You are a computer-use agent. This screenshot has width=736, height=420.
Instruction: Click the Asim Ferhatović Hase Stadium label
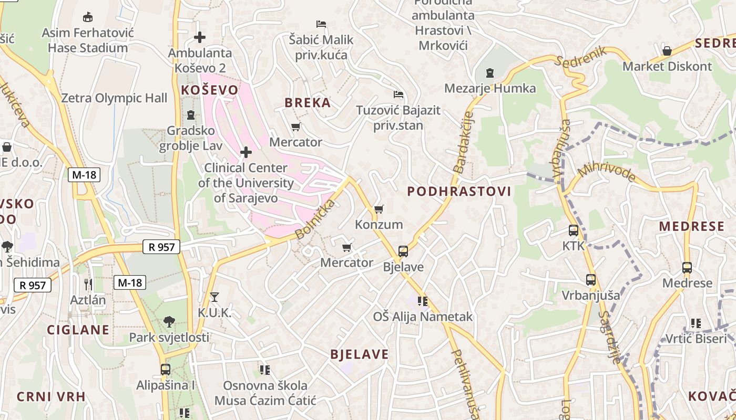pyautogui.click(x=88, y=40)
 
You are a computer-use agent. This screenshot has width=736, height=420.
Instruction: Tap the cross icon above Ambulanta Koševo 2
pyautogui.click(x=200, y=37)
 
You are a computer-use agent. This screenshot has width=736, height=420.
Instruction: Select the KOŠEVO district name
pyautogui.click(x=209, y=90)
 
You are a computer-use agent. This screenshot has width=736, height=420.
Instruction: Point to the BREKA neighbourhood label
pyautogui.click(x=308, y=103)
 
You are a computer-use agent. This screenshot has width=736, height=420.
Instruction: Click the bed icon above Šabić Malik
pyautogui.click(x=321, y=24)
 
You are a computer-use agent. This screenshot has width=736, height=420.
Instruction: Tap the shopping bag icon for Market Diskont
pyautogui.click(x=667, y=51)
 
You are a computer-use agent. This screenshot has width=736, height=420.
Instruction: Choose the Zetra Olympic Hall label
pyautogui.click(x=114, y=98)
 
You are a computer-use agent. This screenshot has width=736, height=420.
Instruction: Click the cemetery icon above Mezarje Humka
pyautogui.click(x=490, y=72)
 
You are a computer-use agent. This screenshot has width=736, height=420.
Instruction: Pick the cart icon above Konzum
pyautogui.click(x=379, y=209)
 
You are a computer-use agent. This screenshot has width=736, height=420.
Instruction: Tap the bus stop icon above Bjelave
pyautogui.click(x=403, y=251)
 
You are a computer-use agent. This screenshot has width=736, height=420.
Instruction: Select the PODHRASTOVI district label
pyautogui.click(x=459, y=192)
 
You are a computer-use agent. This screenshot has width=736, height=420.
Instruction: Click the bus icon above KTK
pyautogui.click(x=573, y=230)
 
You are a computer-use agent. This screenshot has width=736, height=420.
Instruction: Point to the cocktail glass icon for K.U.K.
pyautogui.click(x=214, y=297)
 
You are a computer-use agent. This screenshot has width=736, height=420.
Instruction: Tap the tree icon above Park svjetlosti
pyautogui.click(x=169, y=321)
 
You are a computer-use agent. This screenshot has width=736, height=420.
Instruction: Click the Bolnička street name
pyautogui.click(x=315, y=219)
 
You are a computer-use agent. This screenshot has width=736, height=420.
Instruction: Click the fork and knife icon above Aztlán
pyautogui.click(x=88, y=285)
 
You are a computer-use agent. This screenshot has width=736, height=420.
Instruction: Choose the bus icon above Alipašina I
pyautogui.click(x=166, y=370)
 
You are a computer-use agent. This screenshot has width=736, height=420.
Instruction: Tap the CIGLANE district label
pyautogui.click(x=78, y=330)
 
